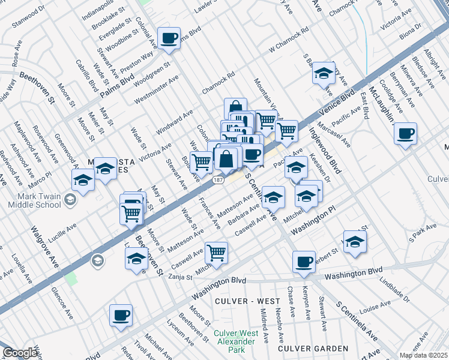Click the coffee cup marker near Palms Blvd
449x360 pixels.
(169, 38)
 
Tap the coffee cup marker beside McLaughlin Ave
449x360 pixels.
(406, 133)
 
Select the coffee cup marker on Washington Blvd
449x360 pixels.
(304, 262)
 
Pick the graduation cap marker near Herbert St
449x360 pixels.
(355, 242)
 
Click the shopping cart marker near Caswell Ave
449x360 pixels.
(216, 253)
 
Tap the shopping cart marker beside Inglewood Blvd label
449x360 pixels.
(288, 130)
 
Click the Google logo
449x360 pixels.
(20, 353)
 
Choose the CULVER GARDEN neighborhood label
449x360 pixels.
(313, 348)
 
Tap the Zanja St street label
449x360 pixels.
(179, 277)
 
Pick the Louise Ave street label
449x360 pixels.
(375, 307)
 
